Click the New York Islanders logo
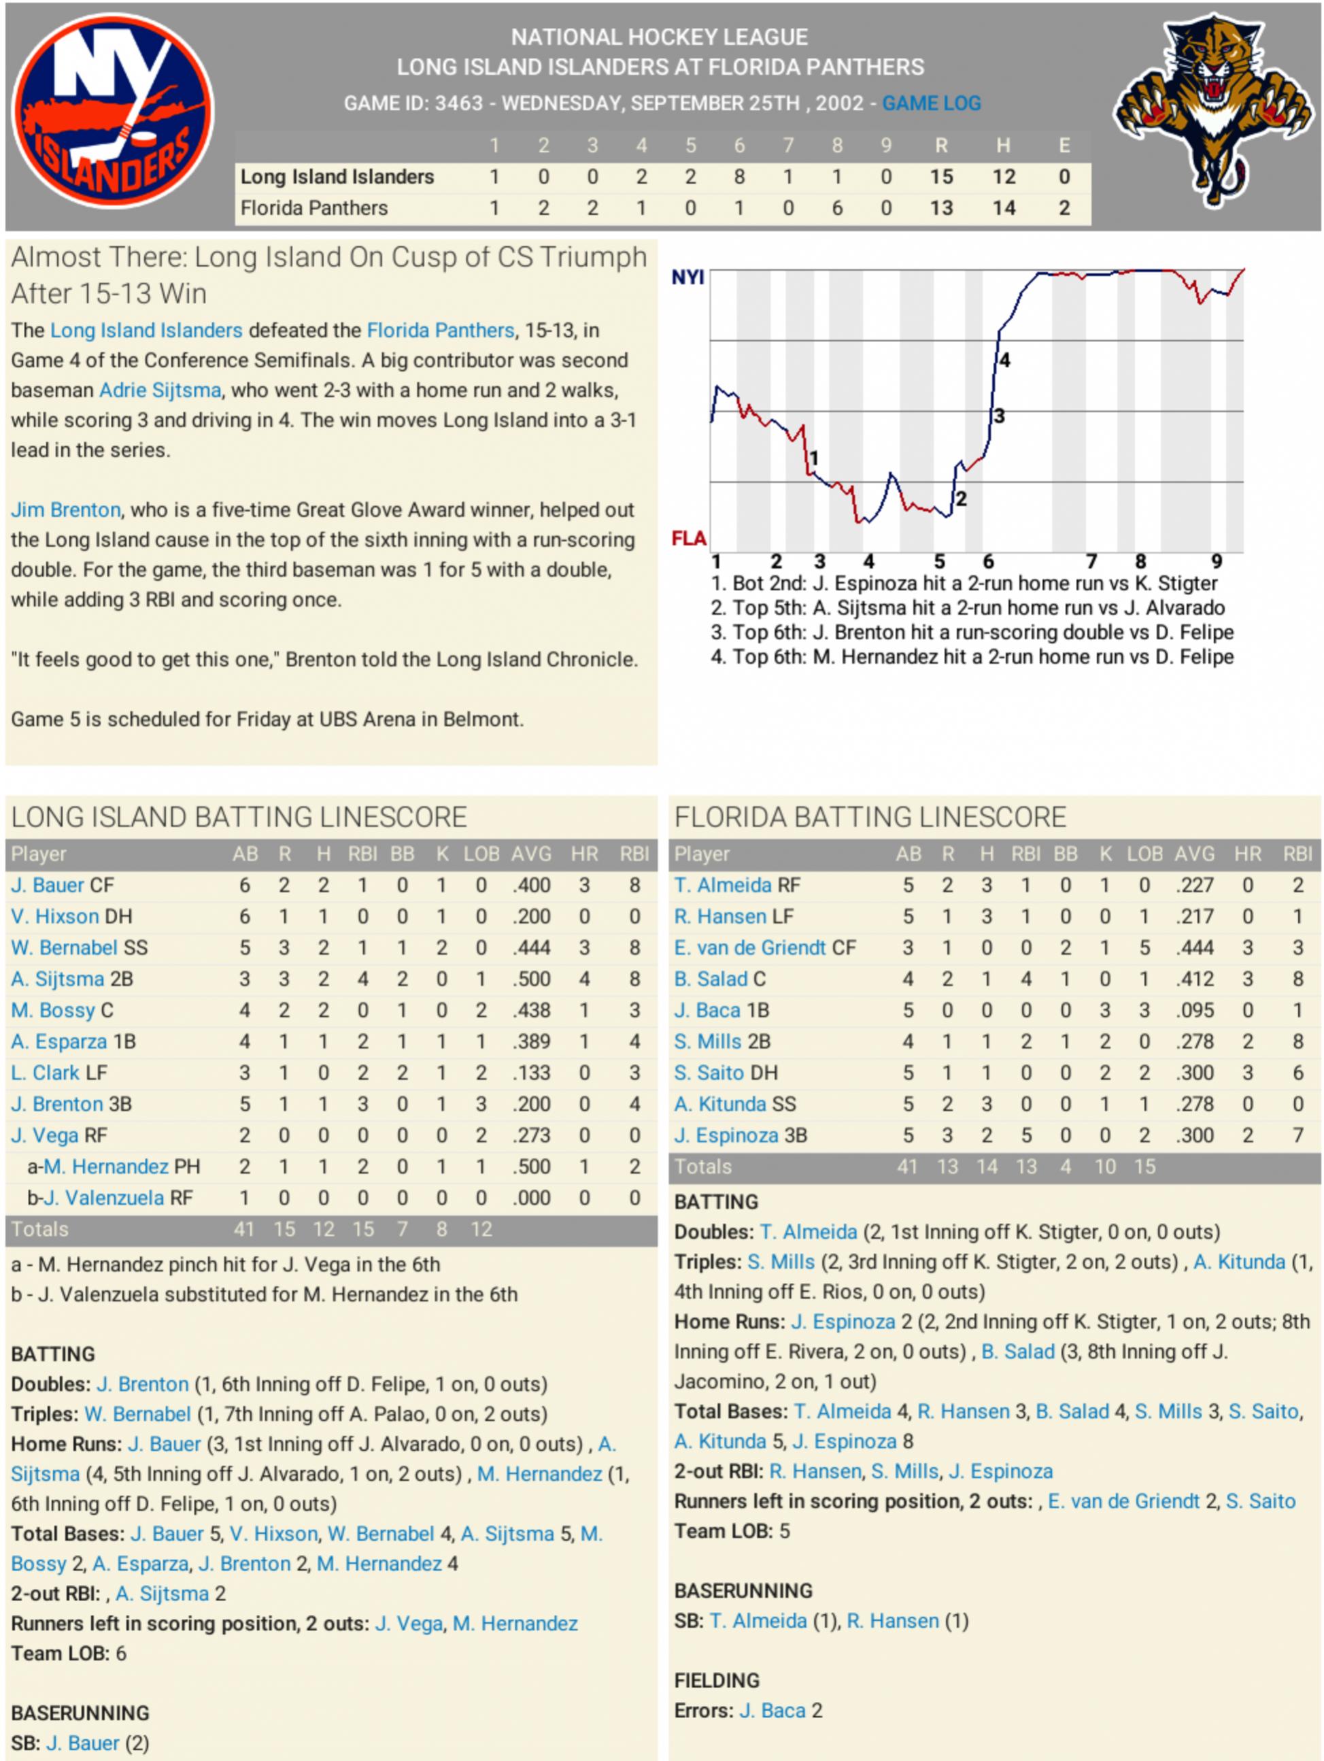(x=112, y=112)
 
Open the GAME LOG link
(x=931, y=103)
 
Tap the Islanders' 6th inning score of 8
(x=739, y=177)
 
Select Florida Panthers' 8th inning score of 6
(x=836, y=209)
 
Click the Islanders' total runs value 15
(x=941, y=177)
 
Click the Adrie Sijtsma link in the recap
(x=160, y=390)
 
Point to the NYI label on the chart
(x=687, y=277)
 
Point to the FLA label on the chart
(x=689, y=539)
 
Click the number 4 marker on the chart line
(x=1005, y=360)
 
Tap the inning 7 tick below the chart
(x=1091, y=561)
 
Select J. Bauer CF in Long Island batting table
(x=62, y=886)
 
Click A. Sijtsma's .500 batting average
(x=531, y=979)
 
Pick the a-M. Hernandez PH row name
(x=114, y=1167)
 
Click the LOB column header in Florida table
(x=1144, y=854)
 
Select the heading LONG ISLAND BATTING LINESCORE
(x=239, y=818)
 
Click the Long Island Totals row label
(x=40, y=1229)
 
